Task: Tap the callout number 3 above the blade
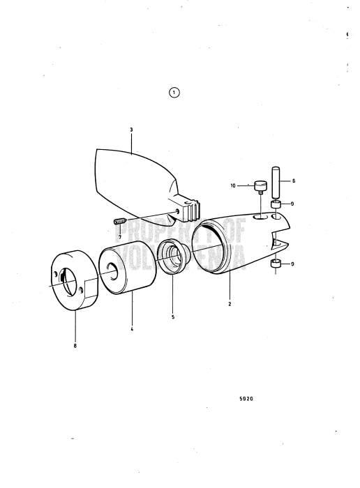pyautogui.click(x=131, y=129)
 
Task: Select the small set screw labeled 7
pyautogui.click(x=119, y=222)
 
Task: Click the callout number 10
pyautogui.click(x=234, y=186)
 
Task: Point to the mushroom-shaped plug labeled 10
pyautogui.click(x=261, y=187)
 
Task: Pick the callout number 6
pyautogui.click(x=294, y=181)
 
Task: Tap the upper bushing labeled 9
pyautogui.click(x=276, y=205)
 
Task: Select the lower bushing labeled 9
pyautogui.click(x=276, y=265)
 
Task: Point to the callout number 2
pyautogui.click(x=230, y=304)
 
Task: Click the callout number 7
pyautogui.click(x=119, y=237)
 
